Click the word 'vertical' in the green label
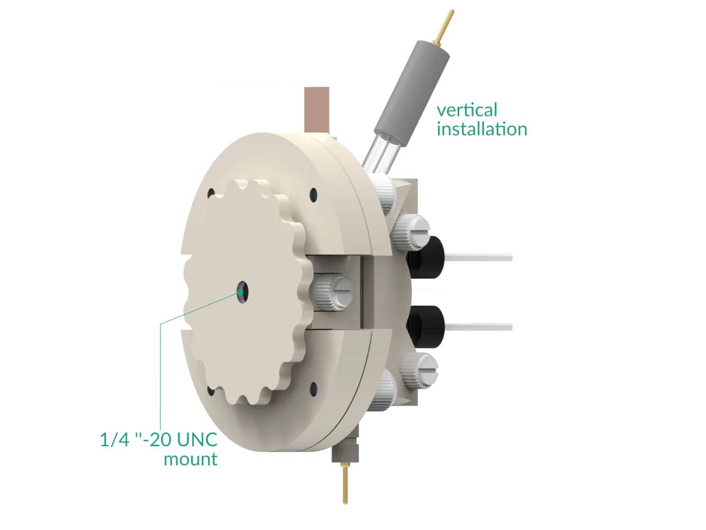tap(467, 110)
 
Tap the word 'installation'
tap(482, 129)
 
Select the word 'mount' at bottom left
tap(191, 459)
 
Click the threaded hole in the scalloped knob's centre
tap(242, 292)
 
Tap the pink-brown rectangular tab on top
tap(317, 110)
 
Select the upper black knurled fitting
tap(425, 257)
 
